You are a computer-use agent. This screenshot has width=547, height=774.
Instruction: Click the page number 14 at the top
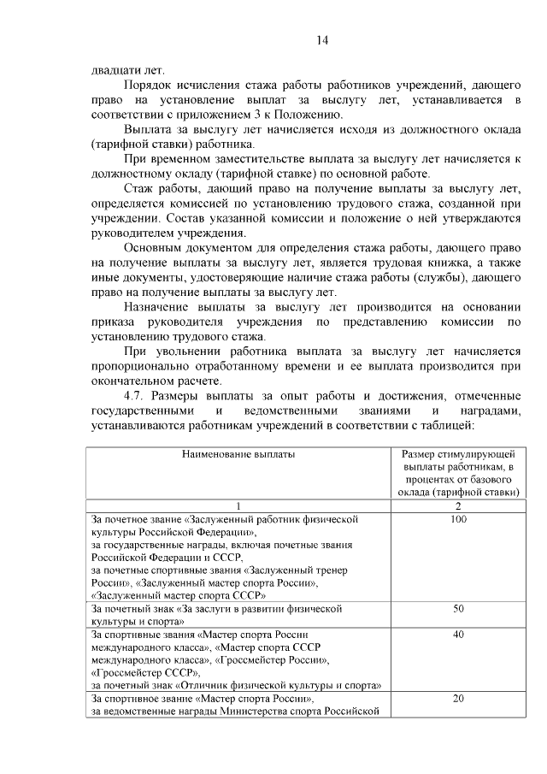tap(321, 40)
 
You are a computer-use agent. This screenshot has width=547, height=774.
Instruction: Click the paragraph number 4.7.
tap(138, 397)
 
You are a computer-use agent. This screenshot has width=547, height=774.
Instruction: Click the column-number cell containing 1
tap(238, 505)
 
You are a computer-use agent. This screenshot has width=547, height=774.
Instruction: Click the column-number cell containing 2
tap(457, 505)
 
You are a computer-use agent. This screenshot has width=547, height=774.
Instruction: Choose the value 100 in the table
tap(457, 519)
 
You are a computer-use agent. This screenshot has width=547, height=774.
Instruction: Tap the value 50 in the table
tap(457, 609)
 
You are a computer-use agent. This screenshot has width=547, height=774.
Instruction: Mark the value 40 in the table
tap(457, 635)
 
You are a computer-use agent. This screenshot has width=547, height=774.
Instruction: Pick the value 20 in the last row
tap(457, 699)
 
